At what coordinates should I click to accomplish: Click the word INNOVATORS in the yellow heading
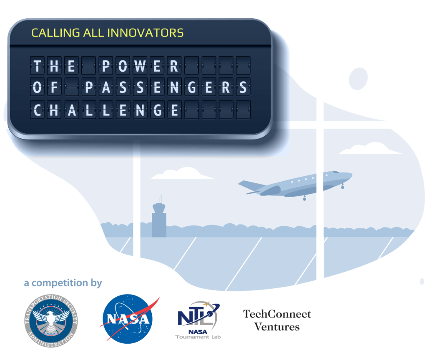(146, 33)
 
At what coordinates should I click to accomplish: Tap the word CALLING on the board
(56, 33)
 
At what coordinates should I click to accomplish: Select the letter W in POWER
(140, 66)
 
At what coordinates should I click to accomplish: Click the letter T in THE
(37, 66)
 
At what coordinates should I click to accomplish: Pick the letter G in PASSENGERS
(192, 87)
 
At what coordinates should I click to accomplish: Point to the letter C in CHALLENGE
(37, 110)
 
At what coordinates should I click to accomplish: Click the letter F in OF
(55, 87)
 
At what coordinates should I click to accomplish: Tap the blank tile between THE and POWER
(88, 65)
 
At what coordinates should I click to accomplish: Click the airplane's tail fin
(249, 185)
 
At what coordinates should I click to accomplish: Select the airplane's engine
(270, 190)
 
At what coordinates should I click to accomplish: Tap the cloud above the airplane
(370, 148)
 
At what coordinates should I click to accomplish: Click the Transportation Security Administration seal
(51, 320)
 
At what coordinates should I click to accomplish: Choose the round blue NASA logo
(128, 319)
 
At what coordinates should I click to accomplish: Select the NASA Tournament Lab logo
(198, 320)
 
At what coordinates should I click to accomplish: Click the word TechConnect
(277, 314)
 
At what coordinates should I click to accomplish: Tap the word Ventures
(277, 327)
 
